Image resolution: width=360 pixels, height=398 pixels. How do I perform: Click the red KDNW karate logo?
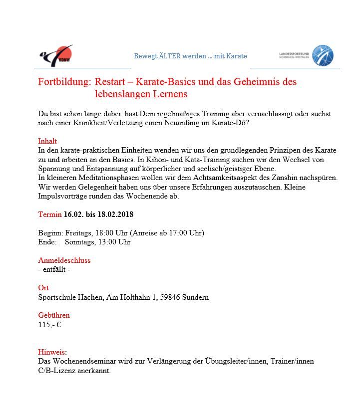(x=56, y=55)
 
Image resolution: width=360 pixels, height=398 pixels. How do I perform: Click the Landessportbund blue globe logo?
(x=322, y=55)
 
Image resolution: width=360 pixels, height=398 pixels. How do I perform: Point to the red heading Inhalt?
(x=47, y=141)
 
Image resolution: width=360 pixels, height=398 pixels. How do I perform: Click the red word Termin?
(x=50, y=214)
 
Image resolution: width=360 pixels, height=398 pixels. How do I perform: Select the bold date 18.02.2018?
(x=115, y=214)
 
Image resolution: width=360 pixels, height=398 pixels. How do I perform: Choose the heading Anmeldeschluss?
(x=64, y=260)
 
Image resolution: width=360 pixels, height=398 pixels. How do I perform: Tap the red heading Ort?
(x=43, y=288)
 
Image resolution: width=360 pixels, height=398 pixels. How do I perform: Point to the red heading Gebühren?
(x=54, y=315)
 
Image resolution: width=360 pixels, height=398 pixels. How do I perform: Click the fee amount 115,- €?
(x=49, y=325)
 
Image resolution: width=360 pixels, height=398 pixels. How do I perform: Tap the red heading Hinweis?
(x=52, y=352)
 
